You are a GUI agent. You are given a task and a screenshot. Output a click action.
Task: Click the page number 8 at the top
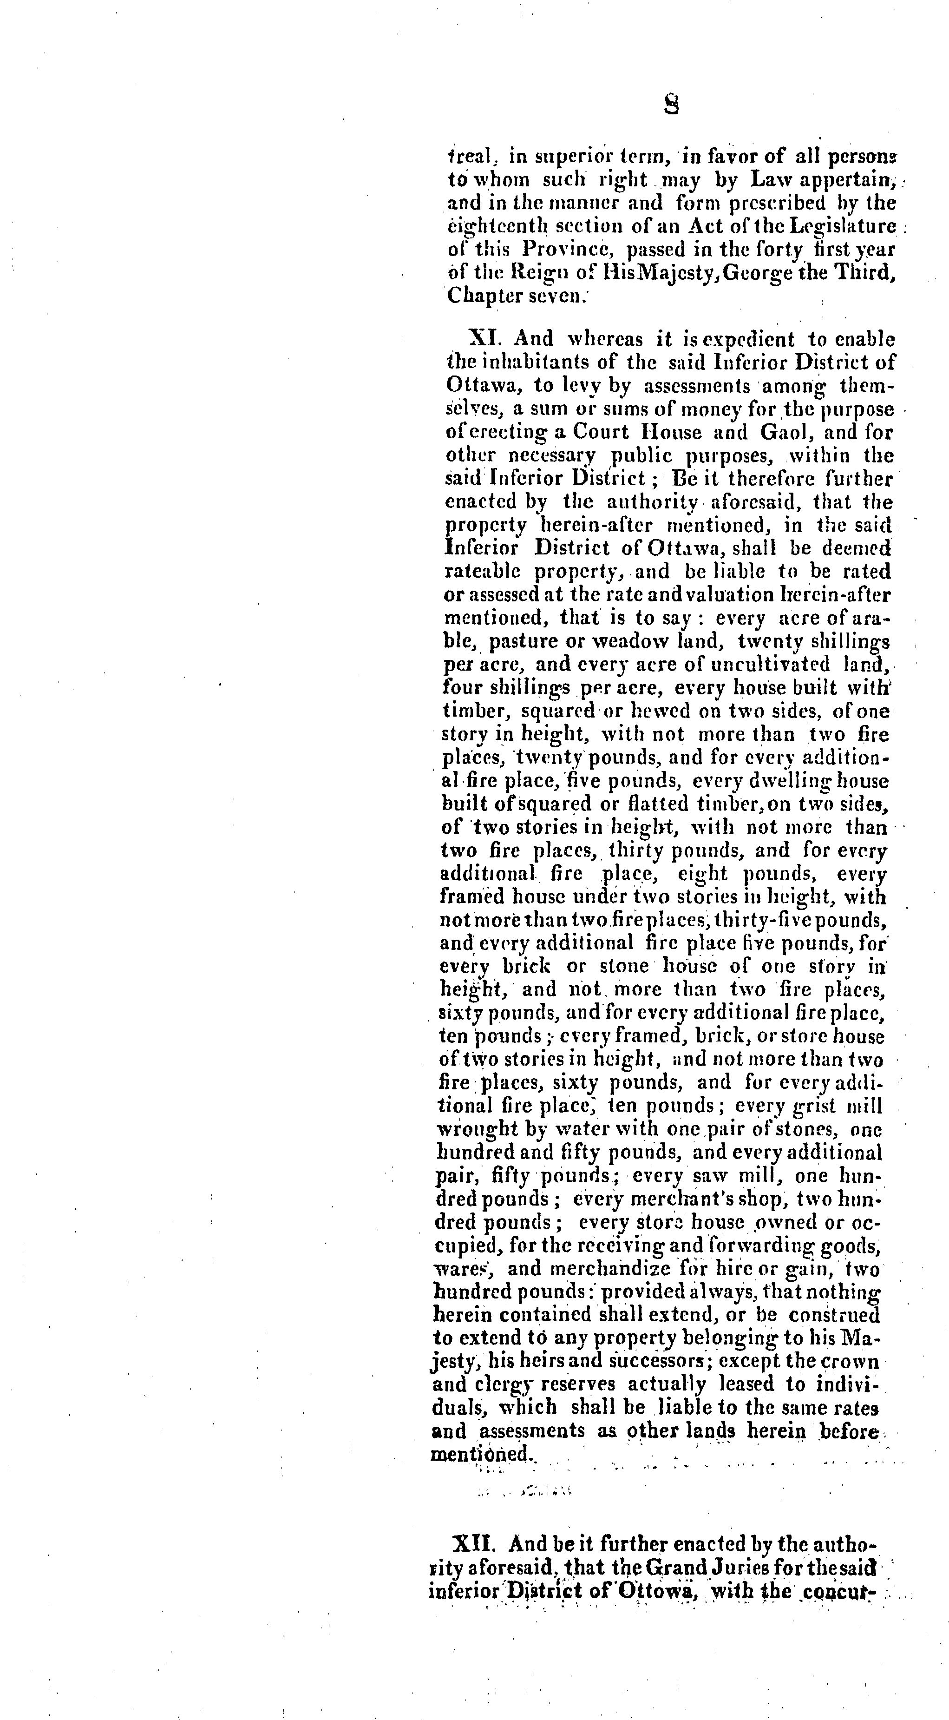pos(671,105)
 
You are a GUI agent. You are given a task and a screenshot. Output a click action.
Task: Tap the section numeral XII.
pos(475,1544)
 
